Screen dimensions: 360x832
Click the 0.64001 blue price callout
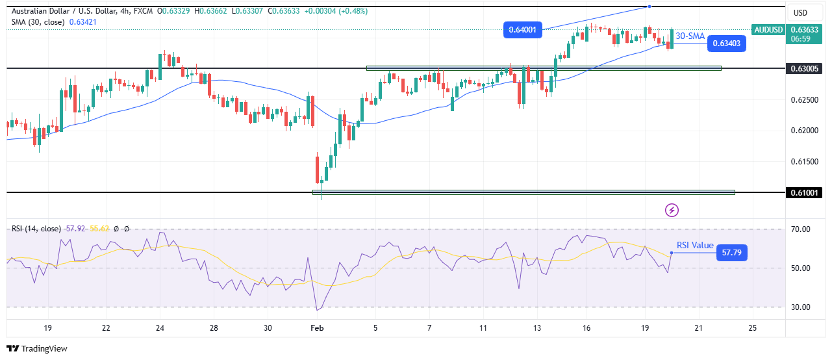pyautogui.click(x=523, y=29)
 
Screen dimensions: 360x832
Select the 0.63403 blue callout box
pyautogui.click(x=726, y=44)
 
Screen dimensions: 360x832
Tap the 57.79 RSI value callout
pyautogui.click(x=731, y=252)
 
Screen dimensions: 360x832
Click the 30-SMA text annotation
pyautogui.click(x=690, y=37)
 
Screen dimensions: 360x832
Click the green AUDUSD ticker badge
pyautogui.click(x=768, y=29)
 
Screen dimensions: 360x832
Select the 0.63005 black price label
pyautogui.click(x=805, y=68)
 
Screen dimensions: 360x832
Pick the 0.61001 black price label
pyautogui.click(x=805, y=192)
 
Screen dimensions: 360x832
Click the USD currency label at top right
pyautogui.click(x=800, y=13)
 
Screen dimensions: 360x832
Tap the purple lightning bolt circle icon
pyautogui.click(x=672, y=210)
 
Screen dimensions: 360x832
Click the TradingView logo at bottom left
pyautogui.click(x=37, y=349)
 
